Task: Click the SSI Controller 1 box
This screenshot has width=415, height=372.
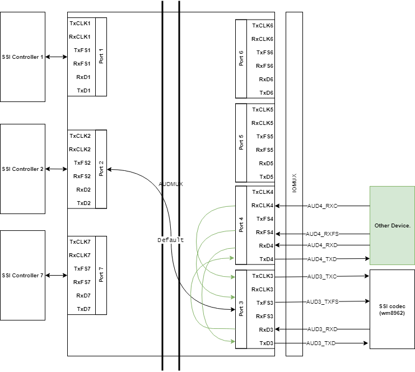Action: [22, 57]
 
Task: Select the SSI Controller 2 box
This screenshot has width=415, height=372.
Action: [22, 169]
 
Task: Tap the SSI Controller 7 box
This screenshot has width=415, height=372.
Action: [22, 276]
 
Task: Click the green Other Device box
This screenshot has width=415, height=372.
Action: [392, 225]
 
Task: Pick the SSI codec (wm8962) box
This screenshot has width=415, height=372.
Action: [392, 309]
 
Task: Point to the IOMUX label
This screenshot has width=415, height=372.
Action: [295, 183]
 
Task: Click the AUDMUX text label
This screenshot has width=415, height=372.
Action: [171, 184]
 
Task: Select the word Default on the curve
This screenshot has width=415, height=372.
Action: [170, 240]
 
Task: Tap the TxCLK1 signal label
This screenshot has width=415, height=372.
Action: [80, 24]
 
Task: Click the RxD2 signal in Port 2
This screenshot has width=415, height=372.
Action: [83, 190]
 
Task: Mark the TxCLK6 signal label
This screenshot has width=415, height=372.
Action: [263, 26]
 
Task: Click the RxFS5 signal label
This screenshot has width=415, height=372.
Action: [264, 150]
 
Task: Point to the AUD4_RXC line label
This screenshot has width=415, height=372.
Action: [322, 206]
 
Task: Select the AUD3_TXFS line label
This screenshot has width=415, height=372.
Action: [323, 302]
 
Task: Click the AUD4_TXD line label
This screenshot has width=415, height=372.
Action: [322, 259]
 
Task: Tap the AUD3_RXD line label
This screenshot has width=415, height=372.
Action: [322, 329]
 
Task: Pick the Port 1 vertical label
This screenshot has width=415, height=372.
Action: [101, 57]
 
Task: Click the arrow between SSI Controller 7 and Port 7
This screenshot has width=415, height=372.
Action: [56, 276]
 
